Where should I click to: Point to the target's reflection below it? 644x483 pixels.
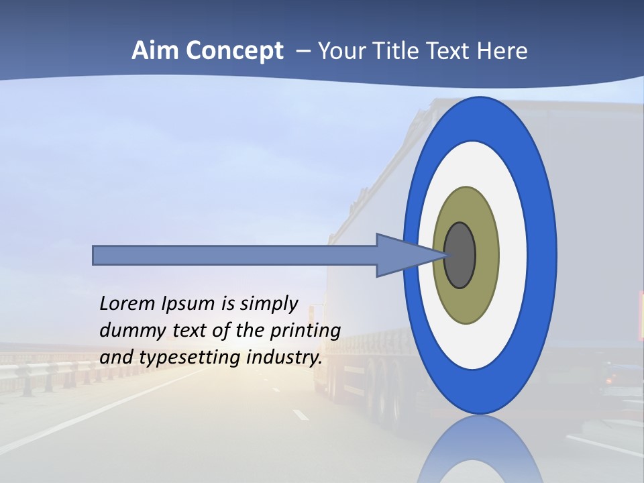[x=480, y=449]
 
